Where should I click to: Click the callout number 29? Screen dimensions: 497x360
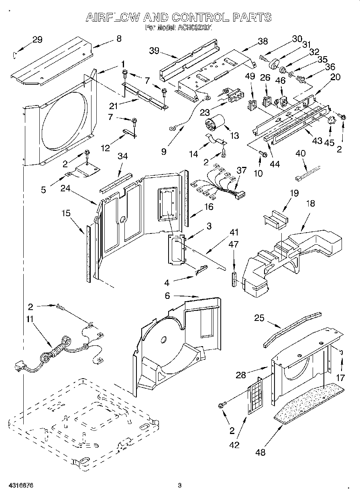point(37,39)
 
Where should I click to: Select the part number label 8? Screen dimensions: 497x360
point(118,39)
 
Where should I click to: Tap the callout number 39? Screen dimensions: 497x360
point(154,51)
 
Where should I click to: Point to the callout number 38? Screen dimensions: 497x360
point(262,41)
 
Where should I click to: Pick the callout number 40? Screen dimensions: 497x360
point(300,153)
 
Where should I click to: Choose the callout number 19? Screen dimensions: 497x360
point(294,193)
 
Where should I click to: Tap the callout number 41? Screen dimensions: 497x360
point(234,231)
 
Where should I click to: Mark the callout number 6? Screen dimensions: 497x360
point(167,296)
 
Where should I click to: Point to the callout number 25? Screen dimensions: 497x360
point(259,318)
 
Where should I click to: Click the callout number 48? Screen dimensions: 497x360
point(260,453)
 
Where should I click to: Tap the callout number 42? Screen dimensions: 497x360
point(234,444)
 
